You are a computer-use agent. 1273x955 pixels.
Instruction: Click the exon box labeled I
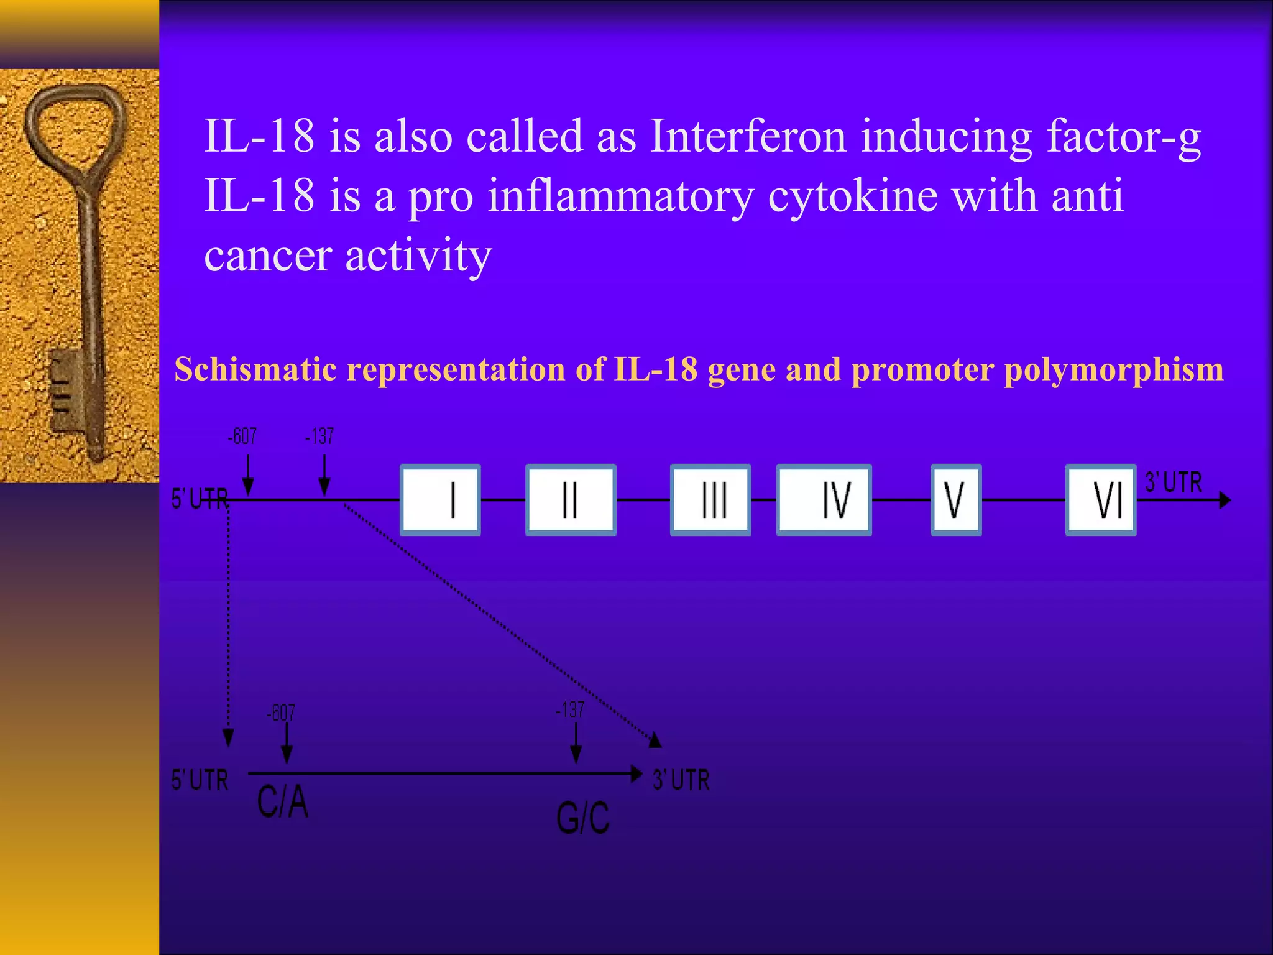440,500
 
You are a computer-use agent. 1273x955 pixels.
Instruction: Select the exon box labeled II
571,500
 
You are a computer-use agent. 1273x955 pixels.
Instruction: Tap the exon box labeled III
710,500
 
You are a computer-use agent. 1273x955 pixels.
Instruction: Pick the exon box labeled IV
824,500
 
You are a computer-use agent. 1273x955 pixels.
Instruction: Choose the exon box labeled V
956,500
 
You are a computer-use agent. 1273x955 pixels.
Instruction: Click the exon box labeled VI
1101,500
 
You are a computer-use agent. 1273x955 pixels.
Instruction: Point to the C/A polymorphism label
283,802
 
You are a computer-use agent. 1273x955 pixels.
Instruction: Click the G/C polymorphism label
582,818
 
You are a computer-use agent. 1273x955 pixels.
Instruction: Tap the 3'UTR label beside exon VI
1174,482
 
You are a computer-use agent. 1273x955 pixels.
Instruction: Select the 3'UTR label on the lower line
681,780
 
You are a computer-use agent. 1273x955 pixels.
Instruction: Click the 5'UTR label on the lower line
200,780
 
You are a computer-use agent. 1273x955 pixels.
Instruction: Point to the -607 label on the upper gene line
242,436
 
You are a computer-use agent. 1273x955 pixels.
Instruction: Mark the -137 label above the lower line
570,710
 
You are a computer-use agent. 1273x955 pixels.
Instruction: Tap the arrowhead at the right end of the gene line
1225,500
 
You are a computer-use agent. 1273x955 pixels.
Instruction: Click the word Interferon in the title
748,136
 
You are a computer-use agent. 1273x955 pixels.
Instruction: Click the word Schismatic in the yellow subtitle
255,369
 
